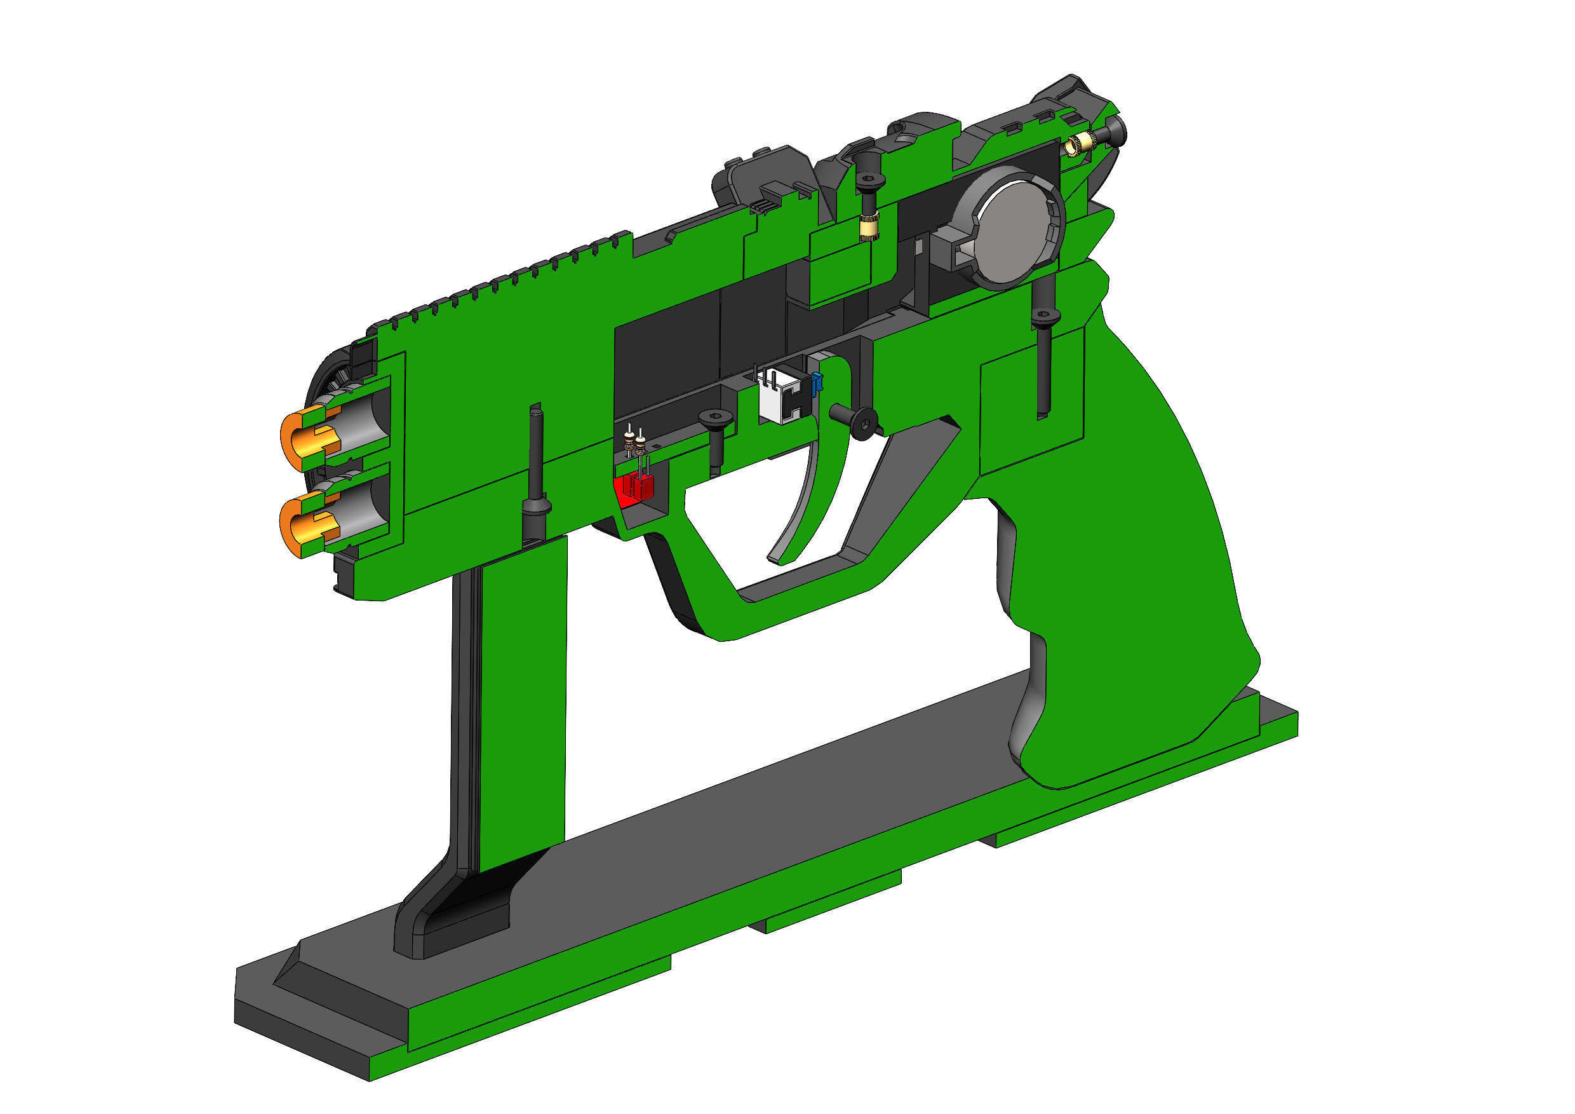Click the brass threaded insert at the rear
pos(1076,145)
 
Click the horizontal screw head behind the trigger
pos(866,421)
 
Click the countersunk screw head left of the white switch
pos(715,418)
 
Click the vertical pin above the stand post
pos(536,466)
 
